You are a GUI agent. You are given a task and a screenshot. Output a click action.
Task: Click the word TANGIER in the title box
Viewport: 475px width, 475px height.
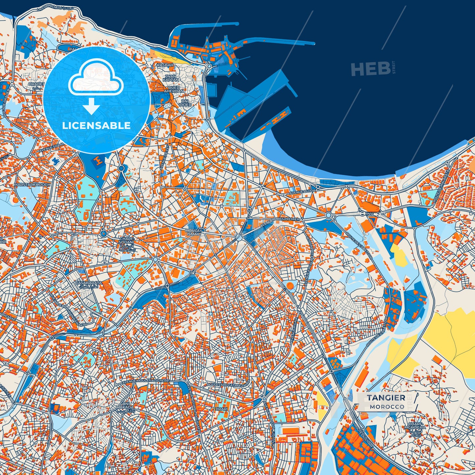click(x=386, y=397)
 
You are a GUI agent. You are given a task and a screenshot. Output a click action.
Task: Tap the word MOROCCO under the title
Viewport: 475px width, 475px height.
click(x=387, y=407)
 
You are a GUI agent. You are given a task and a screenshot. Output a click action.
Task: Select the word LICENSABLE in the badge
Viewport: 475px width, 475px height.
click(x=96, y=126)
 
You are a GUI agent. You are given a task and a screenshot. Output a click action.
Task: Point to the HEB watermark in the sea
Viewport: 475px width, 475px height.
click(x=370, y=69)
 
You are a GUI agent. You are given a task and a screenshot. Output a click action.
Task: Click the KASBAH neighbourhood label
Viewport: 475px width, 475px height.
click(x=165, y=65)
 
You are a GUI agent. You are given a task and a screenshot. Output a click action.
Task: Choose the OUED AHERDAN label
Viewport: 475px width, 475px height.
click(x=174, y=89)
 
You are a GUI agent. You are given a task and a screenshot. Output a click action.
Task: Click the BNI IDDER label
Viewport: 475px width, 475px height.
click(x=185, y=103)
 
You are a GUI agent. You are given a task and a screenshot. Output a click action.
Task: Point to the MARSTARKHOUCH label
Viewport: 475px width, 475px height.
click(x=32, y=185)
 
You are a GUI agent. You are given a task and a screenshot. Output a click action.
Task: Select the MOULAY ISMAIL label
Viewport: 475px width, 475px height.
click(x=193, y=232)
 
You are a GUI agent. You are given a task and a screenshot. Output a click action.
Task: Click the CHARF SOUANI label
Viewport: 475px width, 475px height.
click(x=126, y=244)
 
